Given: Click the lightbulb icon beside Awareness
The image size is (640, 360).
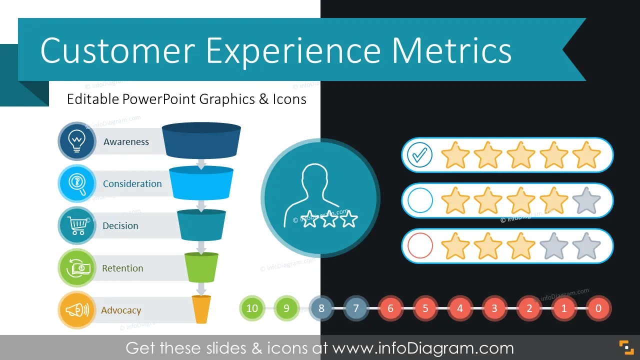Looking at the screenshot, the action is [x=76, y=141].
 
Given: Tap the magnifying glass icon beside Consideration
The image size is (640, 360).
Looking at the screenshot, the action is [x=77, y=183].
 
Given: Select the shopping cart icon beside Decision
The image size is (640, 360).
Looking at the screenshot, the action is [x=77, y=225].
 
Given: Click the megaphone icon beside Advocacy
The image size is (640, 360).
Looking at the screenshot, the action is [x=77, y=310].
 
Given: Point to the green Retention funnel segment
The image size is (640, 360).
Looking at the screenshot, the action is [x=201, y=267].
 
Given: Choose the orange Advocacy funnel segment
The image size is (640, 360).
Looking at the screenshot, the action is [x=201, y=309].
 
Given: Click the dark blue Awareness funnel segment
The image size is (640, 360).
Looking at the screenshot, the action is [x=201, y=140].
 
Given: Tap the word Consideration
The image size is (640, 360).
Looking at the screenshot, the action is [x=132, y=183].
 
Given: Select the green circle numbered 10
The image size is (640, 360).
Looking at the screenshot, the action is [x=252, y=308].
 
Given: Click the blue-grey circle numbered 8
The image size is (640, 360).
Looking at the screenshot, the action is [x=321, y=308].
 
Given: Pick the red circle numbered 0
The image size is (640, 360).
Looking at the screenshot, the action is [x=598, y=308].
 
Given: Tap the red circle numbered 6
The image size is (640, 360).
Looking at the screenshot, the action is [x=390, y=308].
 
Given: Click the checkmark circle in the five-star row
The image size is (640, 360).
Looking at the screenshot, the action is [x=419, y=155].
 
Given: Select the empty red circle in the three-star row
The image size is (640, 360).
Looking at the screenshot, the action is [x=420, y=245].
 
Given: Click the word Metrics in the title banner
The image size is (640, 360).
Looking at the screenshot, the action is [x=451, y=50].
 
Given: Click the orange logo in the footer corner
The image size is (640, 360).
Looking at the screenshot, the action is [x=626, y=347].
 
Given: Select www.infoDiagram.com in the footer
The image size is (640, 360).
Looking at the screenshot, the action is [x=423, y=348].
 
